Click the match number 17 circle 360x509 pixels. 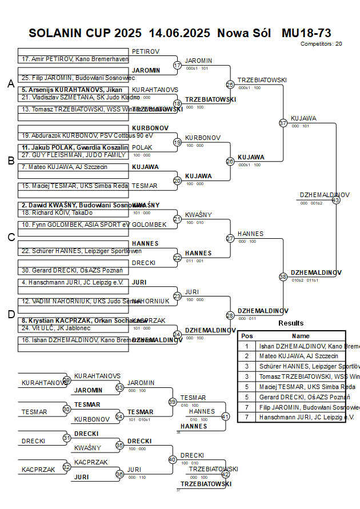click(x=177, y=66)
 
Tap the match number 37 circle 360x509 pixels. click(x=283, y=123)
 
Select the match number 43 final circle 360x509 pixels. click(x=336, y=200)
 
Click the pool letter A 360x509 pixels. click(x=10, y=84)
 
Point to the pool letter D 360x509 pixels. click(x=10, y=314)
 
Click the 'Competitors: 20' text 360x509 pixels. click(x=322, y=43)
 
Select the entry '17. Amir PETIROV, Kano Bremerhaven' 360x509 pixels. click(x=75, y=59)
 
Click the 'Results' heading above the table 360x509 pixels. click(x=291, y=323)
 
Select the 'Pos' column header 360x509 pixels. click(x=247, y=336)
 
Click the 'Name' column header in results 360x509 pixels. click(x=301, y=336)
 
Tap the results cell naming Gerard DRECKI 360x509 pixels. click(x=301, y=397)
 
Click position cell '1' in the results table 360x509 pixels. click(x=247, y=346)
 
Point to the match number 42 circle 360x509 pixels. click(x=225, y=474)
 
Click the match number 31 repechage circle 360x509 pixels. click(x=67, y=438)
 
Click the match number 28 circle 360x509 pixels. click(x=230, y=315)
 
